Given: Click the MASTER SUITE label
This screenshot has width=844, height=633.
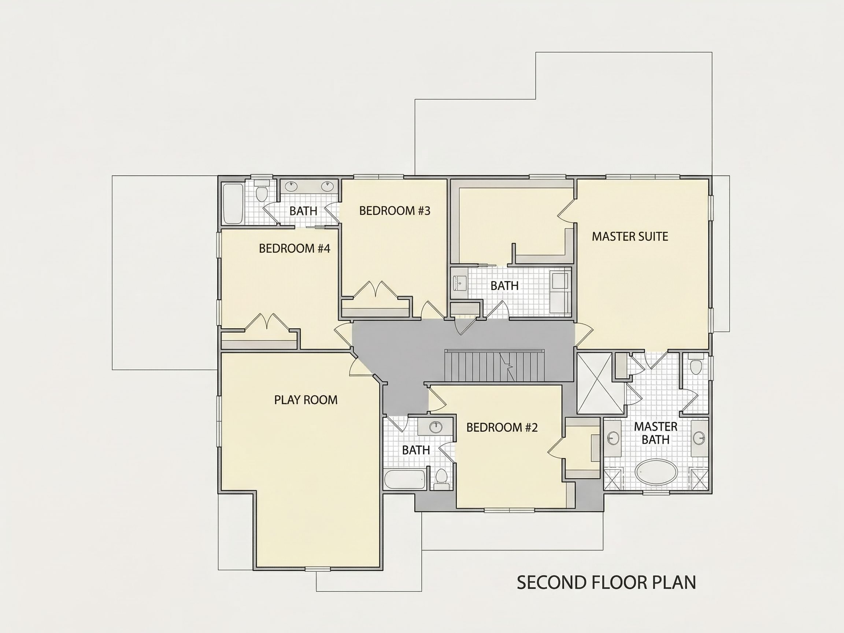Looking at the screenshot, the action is click(630, 237).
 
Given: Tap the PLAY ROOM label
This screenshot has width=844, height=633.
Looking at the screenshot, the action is click(306, 400).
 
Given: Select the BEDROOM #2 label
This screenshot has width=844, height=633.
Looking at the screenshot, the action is click(502, 427).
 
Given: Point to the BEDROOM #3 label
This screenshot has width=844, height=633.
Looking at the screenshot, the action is click(395, 211).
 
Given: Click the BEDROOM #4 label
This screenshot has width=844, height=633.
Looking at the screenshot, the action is click(294, 248).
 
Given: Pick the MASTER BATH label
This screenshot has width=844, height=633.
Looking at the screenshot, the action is click(655, 433).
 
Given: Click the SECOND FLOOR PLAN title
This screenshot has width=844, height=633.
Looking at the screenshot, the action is click(606, 582).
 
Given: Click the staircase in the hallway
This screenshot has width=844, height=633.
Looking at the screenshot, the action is click(494, 366).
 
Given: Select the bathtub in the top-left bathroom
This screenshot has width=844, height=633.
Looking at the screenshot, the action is click(233, 204).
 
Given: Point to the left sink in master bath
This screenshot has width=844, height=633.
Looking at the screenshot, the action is click(613, 438).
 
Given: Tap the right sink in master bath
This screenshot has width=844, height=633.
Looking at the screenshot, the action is click(699, 438).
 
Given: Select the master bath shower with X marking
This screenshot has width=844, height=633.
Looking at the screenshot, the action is click(600, 383).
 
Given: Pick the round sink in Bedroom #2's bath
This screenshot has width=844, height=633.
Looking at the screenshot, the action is click(435, 427).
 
